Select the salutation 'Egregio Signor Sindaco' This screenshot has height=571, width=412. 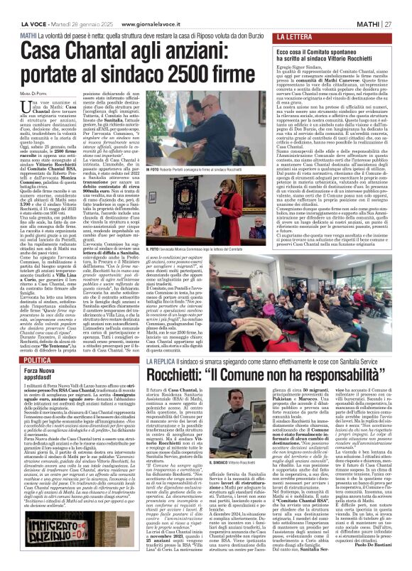298,62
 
